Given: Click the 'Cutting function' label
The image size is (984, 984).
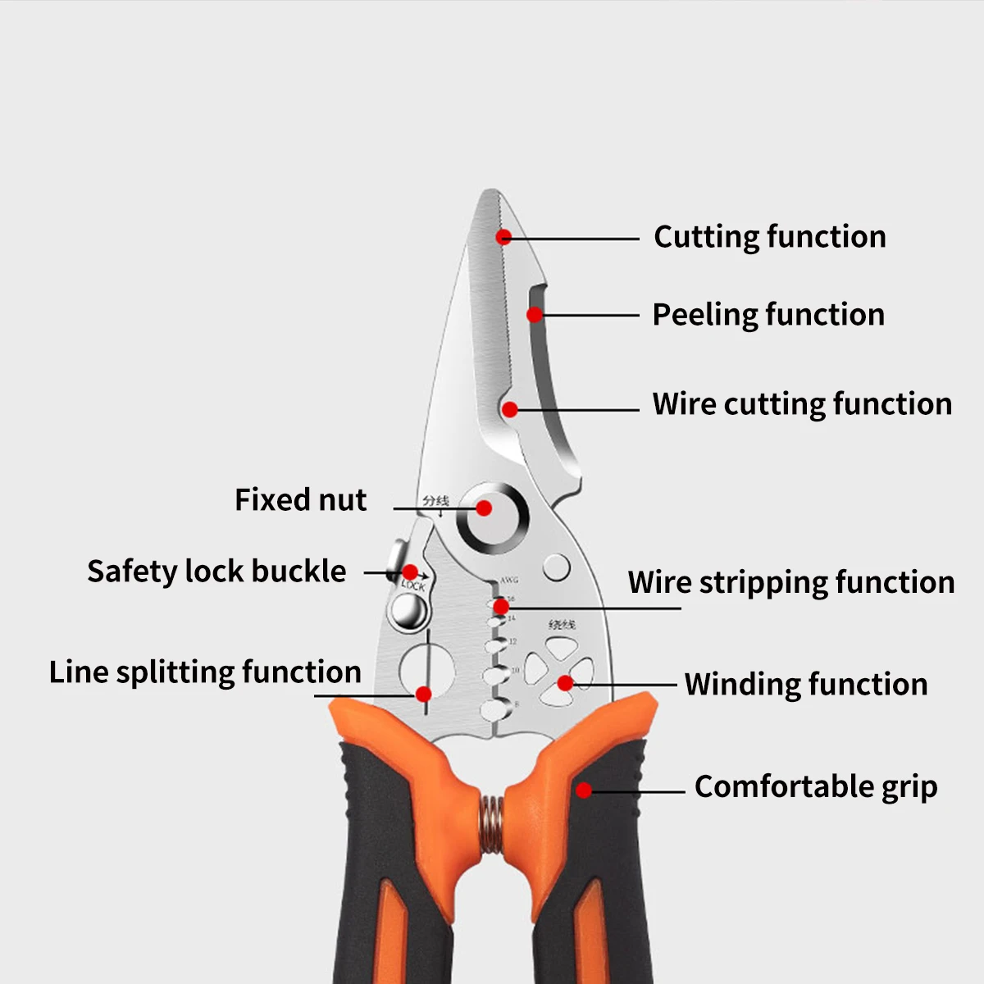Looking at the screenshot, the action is coord(769,237).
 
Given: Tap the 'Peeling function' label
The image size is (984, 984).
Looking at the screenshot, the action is coord(768,315).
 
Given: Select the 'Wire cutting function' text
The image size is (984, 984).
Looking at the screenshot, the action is coord(802,404).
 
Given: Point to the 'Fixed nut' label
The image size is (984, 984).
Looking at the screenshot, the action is coord(300,499).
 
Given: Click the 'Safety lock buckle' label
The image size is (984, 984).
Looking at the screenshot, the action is coord(216,571).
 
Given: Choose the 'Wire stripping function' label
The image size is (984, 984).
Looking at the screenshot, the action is coord(791,582).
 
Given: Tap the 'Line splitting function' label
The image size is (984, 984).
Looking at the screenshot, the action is coord(205,672).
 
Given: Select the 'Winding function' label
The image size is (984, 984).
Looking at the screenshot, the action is coord(806,684).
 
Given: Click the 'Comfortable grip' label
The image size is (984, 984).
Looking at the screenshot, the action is coord(816,786).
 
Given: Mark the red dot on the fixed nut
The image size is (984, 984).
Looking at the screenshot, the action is coord(484,508).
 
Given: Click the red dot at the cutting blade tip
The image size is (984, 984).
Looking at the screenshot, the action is coord(503,237).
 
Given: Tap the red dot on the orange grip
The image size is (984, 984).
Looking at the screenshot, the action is coord(583,790).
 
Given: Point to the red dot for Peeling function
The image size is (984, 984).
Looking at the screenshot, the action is coord(535,315).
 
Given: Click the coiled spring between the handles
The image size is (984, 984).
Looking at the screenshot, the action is coord(491,823).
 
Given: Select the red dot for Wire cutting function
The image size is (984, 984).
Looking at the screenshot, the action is coord(510,409).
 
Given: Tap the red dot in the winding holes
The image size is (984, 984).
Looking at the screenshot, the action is coord(565,682).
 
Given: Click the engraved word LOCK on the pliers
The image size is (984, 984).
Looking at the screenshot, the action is coord(413,585).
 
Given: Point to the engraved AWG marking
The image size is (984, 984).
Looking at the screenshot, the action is coord(509,580).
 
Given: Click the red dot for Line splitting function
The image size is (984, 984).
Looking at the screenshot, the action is coord(424,695).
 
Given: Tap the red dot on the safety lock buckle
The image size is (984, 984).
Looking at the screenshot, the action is coord(410,572).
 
